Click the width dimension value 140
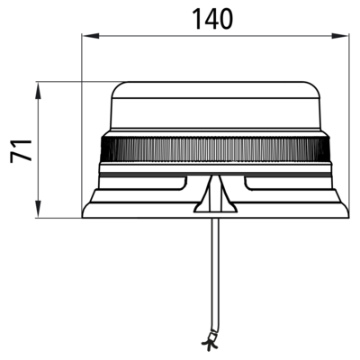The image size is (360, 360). [x=212, y=19]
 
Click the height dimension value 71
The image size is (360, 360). [x=21, y=151]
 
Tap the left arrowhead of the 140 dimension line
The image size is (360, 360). [x=91, y=36]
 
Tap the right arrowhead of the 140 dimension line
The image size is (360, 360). [x=340, y=36]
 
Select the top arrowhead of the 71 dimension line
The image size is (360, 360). [x=38, y=91]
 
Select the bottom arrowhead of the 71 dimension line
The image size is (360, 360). [x=38, y=209]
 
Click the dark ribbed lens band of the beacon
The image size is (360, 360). [x=215, y=149]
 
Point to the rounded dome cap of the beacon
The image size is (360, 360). [x=215, y=105]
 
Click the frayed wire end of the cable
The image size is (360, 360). [x=211, y=342]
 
